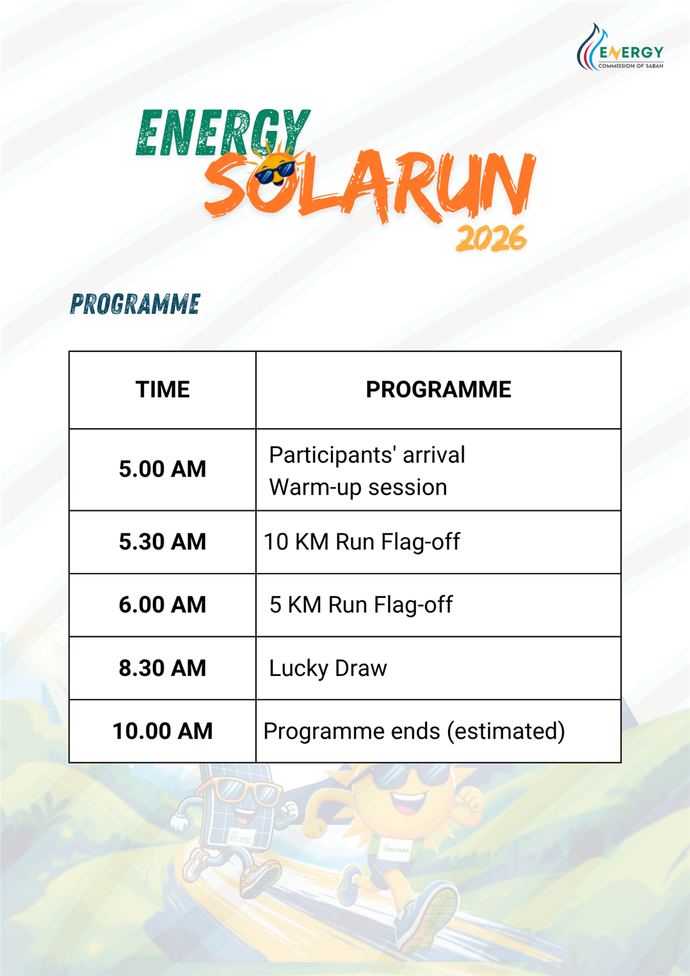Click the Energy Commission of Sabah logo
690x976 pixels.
[x=620, y=47]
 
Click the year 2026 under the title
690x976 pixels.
[x=491, y=239]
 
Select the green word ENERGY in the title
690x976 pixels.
[x=223, y=133]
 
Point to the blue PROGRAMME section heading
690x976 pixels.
[x=135, y=304]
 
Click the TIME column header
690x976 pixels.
[x=162, y=389]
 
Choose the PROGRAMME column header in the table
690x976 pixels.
[x=438, y=389]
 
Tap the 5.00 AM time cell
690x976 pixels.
[x=162, y=469]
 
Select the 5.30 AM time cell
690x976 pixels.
[x=162, y=542]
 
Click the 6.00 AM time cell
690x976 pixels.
[x=162, y=605]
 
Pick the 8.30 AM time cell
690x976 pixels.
[x=162, y=668]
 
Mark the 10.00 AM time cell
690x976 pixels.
[x=162, y=731]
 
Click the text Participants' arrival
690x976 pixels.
[x=367, y=456]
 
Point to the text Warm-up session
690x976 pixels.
[x=358, y=487]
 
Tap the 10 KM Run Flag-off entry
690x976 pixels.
[x=362, y=543]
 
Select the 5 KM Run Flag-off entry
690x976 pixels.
[x=361, y=605]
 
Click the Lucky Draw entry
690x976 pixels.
[x=328, y=669]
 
